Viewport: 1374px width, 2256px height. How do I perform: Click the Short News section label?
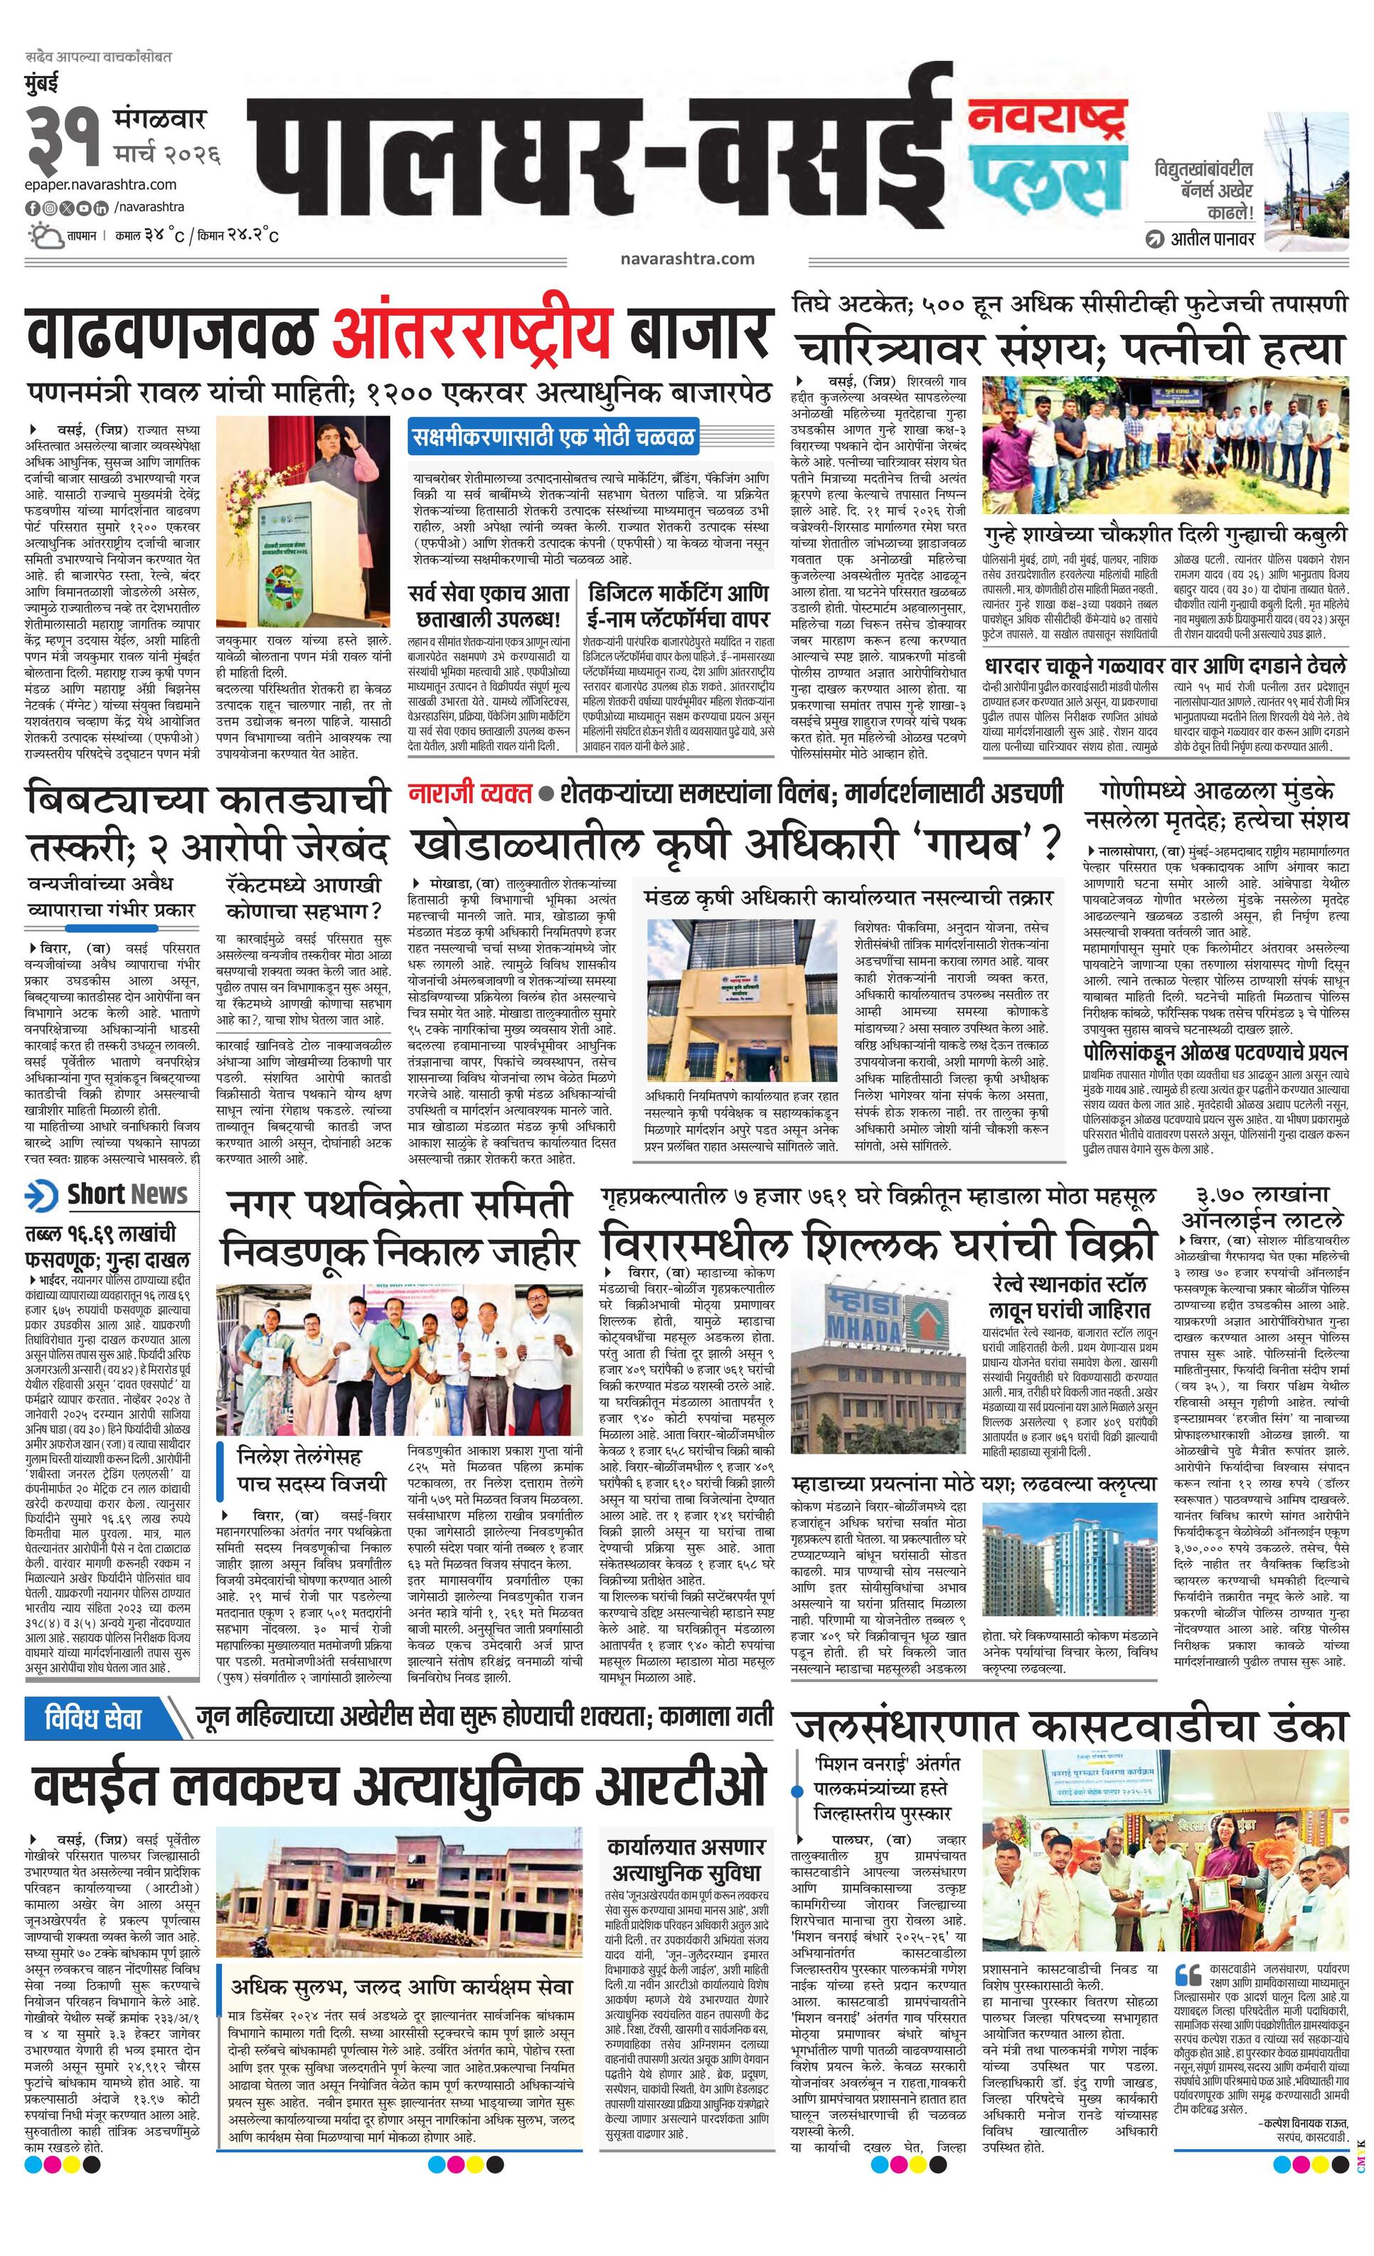(108, 1194)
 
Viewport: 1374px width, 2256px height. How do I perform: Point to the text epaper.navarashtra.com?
(101, 185)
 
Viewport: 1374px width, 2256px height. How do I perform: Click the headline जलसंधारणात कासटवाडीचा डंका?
(1070, 1726)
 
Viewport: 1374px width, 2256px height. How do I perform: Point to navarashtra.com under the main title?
(686, 258)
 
